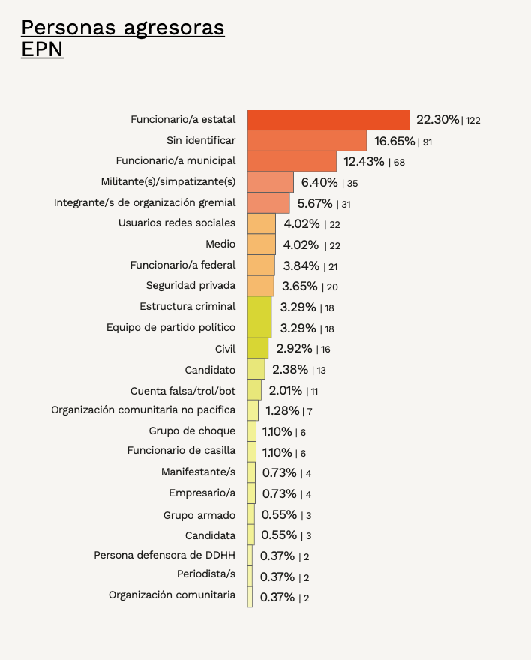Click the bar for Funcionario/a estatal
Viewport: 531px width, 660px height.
(x=328, y=120)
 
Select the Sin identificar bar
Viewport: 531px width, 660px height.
(x=307, y=141)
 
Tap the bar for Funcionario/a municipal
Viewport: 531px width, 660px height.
(x=292, y=161)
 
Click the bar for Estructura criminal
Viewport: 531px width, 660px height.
(x=259, y=307)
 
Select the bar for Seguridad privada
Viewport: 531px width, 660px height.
(x=261, y=286)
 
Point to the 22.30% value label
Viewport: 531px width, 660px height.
(x=437, y=120)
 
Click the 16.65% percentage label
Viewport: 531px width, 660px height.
(x=394, y=141)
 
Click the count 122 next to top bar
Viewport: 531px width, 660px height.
(x=473, y=121)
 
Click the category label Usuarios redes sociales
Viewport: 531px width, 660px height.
(x=177, y=223)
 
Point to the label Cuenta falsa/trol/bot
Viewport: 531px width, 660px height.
(x=183, y=390)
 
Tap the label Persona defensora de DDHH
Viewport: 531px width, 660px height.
(x=164, y=556)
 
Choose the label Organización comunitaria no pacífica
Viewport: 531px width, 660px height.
(x=143, y=409)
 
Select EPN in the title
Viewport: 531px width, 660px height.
(x=42, y=49)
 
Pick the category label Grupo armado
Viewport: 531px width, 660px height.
(x=199, y=515)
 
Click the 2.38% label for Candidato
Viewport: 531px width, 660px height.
(x=289, y=369)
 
